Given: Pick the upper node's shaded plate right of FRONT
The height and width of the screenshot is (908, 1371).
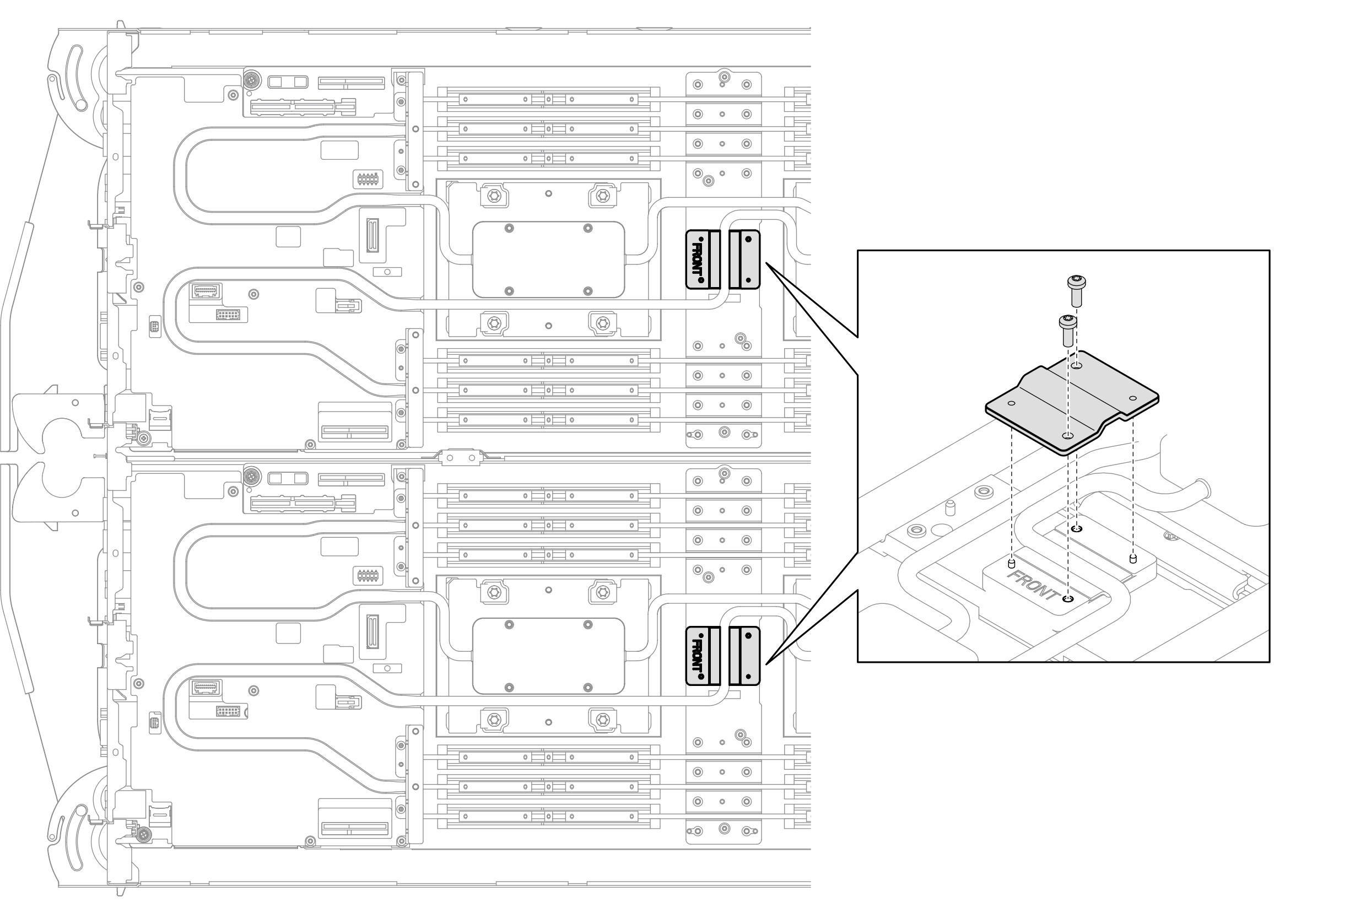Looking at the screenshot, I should (x=744, y=260).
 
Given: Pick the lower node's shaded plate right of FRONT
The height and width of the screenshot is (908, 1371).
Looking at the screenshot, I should (x=744, y=656).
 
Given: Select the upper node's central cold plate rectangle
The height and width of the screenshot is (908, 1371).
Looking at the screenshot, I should (x=548, y=260).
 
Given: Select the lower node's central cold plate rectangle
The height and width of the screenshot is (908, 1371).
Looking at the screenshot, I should (x=548, y=656).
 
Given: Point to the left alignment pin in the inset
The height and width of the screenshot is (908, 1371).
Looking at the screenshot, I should (x=1011, y=564).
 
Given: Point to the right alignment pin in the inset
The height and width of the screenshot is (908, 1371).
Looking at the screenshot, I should (x=1133, y=559).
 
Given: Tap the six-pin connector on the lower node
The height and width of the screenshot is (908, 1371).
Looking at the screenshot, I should (x=367, y=576).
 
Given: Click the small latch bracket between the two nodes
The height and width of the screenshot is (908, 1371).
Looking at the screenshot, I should (x=461, y=458).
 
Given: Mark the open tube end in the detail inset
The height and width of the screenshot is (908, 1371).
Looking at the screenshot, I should (x=1202, y=489).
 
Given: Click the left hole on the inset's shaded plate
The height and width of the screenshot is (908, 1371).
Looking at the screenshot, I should (x=1011, y=404).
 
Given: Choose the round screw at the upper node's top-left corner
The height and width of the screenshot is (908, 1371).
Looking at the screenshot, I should (x=251, y=79).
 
